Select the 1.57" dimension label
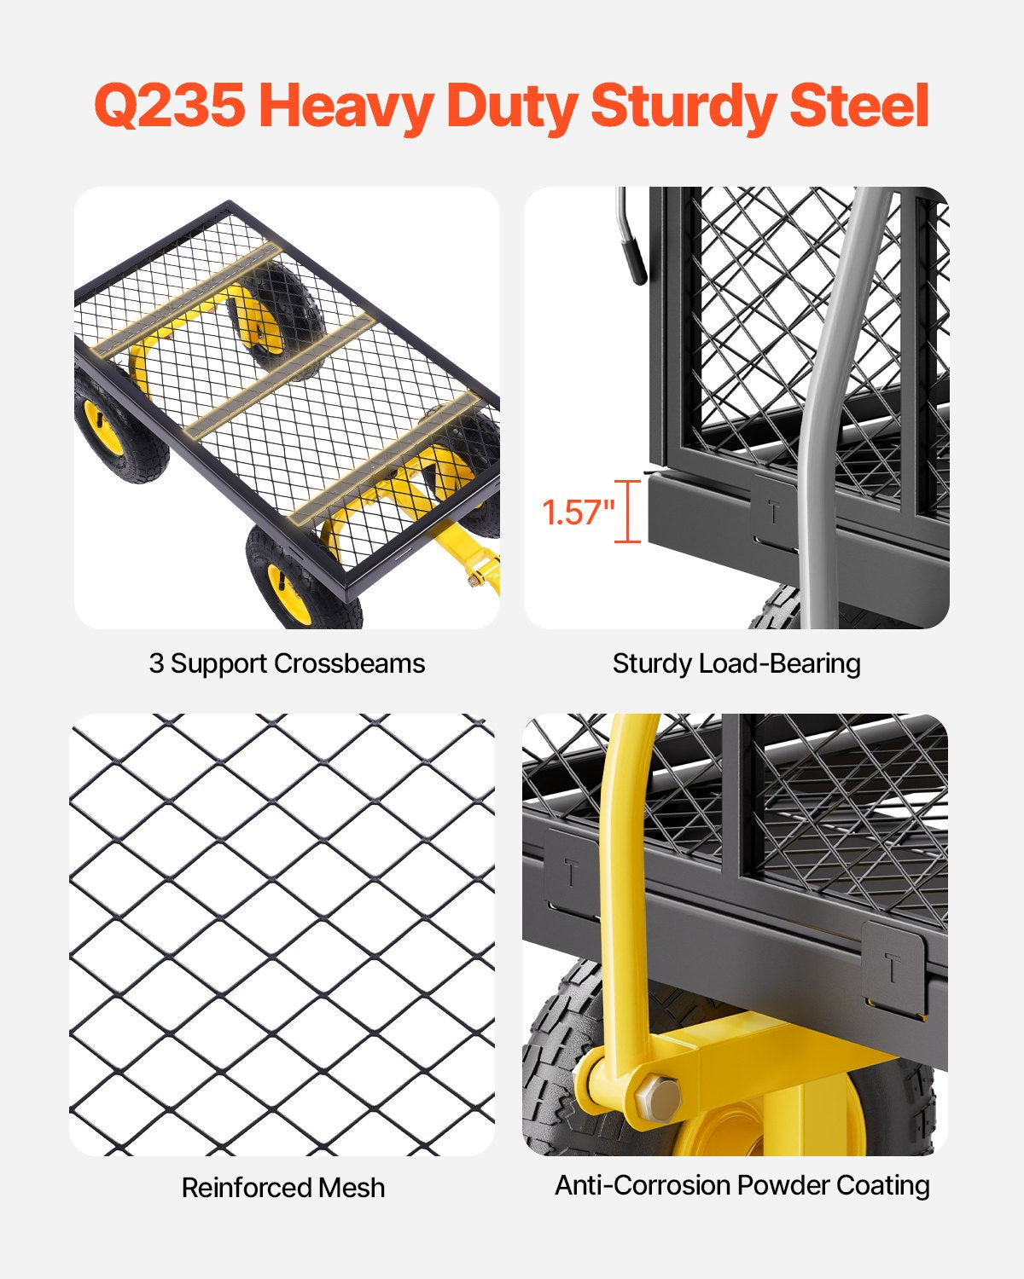pos(578,512)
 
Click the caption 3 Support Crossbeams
pos(287,663)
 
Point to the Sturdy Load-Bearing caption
pos(736,663)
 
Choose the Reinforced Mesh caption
pos(283,1187)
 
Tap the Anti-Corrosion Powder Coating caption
pos(742,1185)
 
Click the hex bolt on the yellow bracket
pos(657,1097)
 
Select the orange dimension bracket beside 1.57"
pos(628,512)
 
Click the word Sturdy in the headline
pos(683,107)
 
